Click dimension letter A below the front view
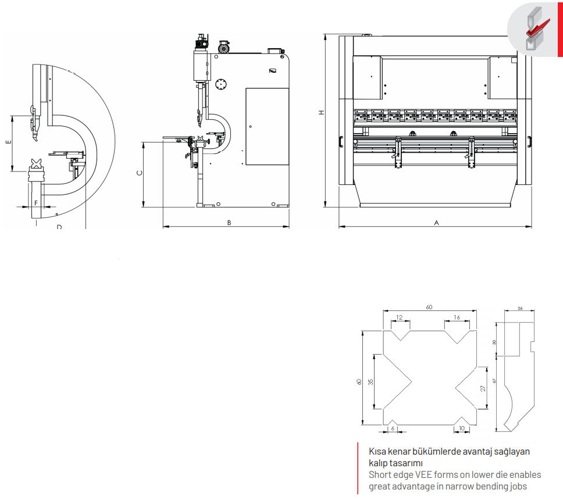[x=437, y=223]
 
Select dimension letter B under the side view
[x=229, y=223]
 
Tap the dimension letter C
[x=140, y=173]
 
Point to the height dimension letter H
[x=322, y=112]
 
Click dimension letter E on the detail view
[x=9, y=142]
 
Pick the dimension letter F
[x=36, y=203]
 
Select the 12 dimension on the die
[x=399, y=317]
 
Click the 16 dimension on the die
[x=457, y=317]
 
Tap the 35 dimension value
[x=370, y=382]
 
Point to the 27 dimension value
[x=483, y=388]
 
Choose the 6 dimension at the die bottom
[x=393, y=428]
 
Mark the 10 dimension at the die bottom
[x=462, y=428]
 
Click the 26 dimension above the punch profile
[x=521, y=308]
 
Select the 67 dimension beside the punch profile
[x=494, y=381]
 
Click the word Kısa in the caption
[x=377, y=452]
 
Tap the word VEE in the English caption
[x=423, y=474]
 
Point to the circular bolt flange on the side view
[x=221, y=84]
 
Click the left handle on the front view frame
[x=341, y=142]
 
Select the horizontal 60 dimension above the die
[x=429, y=308]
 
